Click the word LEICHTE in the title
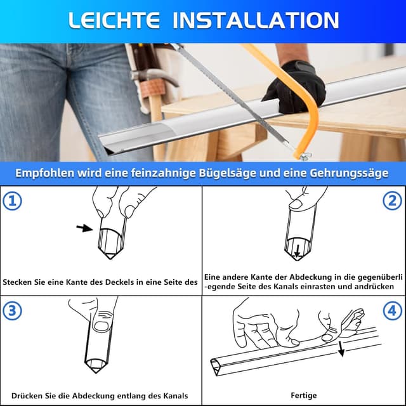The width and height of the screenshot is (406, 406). [114, 20]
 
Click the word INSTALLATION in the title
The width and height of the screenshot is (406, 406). [256, 20]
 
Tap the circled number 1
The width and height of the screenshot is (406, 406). [12, 201]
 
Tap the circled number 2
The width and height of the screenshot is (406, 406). [392, 200]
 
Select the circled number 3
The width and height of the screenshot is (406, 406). [12, 310]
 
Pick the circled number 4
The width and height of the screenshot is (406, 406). [392, 310]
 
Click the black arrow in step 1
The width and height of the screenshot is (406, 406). [84, 228]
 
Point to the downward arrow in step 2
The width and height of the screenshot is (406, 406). [298, 251]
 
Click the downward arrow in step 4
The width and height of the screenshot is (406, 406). [341, 349]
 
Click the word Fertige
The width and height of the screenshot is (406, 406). [304, 395]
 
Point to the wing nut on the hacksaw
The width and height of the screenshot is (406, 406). [306, 156]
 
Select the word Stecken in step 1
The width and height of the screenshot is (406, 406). [17, 282]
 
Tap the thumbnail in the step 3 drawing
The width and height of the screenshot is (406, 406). [101, 327]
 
